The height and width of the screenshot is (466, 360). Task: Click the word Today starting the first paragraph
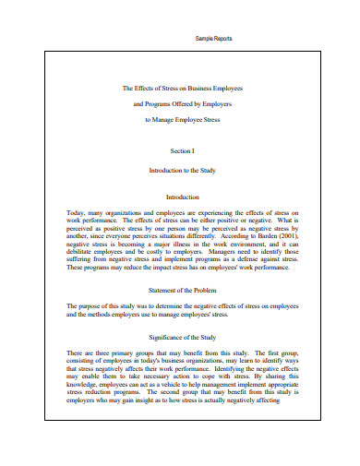coord(78,211)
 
